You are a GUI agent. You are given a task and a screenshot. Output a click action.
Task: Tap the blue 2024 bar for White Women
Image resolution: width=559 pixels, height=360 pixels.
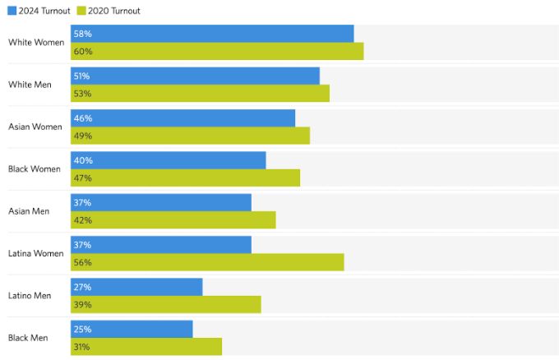[212, 34]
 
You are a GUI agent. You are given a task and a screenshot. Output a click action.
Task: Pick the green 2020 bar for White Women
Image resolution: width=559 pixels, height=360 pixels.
[217, 51]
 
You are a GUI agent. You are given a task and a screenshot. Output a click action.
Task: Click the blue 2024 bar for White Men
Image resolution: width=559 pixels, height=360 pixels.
[195, 76]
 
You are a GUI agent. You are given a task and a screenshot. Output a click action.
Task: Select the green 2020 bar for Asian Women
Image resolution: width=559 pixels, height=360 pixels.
[190, 136]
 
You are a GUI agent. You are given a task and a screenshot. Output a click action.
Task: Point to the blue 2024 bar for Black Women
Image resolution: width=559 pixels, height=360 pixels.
[168, 160]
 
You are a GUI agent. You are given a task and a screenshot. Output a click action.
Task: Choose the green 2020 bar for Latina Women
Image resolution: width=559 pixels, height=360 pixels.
[207, 262]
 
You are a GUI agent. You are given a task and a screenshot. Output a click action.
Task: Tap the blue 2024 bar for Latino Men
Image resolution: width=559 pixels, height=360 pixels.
[136, 287]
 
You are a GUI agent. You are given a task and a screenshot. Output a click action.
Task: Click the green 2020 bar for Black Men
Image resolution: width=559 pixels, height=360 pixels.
[146, 347]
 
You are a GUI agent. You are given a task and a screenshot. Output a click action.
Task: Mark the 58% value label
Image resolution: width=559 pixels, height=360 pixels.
[82, 34]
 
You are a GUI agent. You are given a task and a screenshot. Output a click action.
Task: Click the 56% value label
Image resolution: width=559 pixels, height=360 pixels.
[82, 262]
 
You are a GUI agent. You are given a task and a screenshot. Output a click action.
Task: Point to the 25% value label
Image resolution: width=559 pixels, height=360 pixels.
[82, 330]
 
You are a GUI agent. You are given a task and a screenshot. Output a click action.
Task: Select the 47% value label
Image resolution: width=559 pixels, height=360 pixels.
[82, 178]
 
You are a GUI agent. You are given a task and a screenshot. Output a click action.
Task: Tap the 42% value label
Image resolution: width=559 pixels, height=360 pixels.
[82, 220]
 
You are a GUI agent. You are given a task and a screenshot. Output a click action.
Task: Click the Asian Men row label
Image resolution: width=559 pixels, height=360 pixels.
[29, 211]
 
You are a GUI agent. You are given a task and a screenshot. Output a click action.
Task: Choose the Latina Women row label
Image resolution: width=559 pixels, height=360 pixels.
[35, 253]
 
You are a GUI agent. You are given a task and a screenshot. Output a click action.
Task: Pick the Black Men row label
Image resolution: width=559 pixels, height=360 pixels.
[28, 338]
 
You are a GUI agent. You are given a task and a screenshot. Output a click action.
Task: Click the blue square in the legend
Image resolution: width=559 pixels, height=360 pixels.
[12, 11]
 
